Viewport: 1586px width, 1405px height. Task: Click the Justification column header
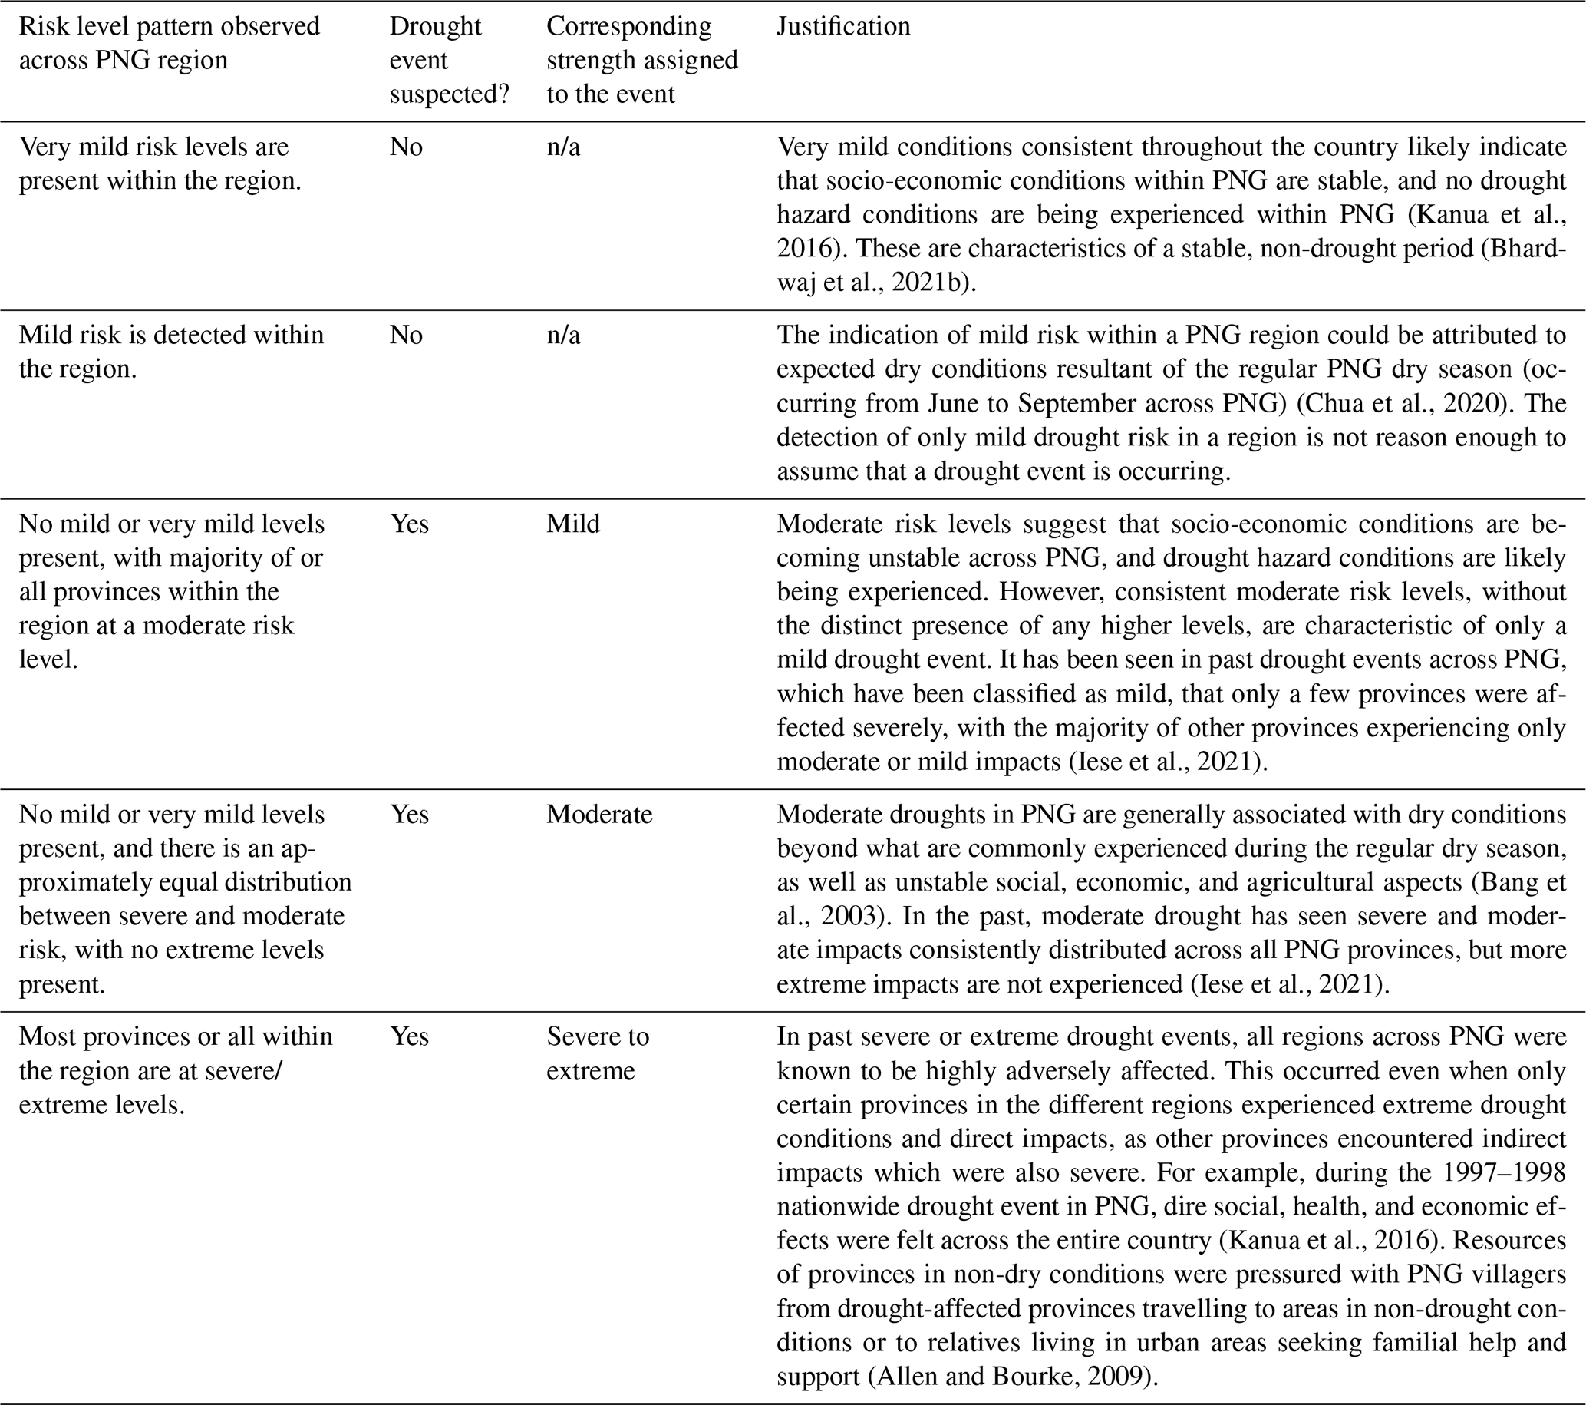coord(843,26)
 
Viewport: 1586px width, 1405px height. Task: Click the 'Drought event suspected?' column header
coord(450,61)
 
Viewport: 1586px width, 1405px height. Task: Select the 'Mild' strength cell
coord(572,523)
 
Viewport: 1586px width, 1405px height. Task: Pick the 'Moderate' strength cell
coord(599,814)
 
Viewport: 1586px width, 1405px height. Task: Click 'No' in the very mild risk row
coord(406,146)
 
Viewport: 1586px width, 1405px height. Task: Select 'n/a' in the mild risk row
coord(563,335)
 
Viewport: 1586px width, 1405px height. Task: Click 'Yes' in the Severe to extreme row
coord(409,1036)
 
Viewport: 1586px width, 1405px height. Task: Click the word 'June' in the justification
coord(954,403)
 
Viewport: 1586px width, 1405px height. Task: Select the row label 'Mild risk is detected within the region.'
coord(170,352)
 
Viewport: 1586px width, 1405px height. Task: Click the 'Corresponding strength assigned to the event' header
coord(641,61)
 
